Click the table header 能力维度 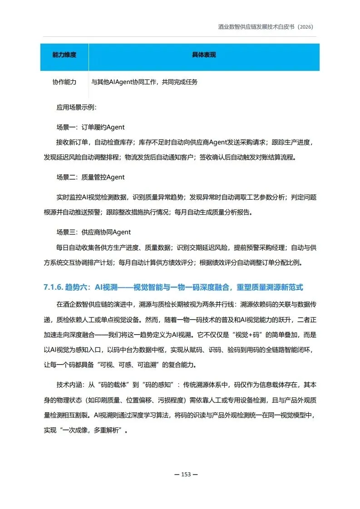pyautogui.click(x=64, y=55)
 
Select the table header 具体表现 pyautogui.click(x=204, y=55)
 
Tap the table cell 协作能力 pyautogui.click(x=64, y=82)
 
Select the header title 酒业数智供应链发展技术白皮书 pyautogui.click(x=255, y=27)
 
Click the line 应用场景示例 pyautogui.click(x=76, y=108)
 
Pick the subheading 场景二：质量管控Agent pyautogui.click(x=90, y=177)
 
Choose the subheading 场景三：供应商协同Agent pyautogui.click(x=93, y=232)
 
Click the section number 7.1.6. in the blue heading pyautogui.click(x=53, y=287)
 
